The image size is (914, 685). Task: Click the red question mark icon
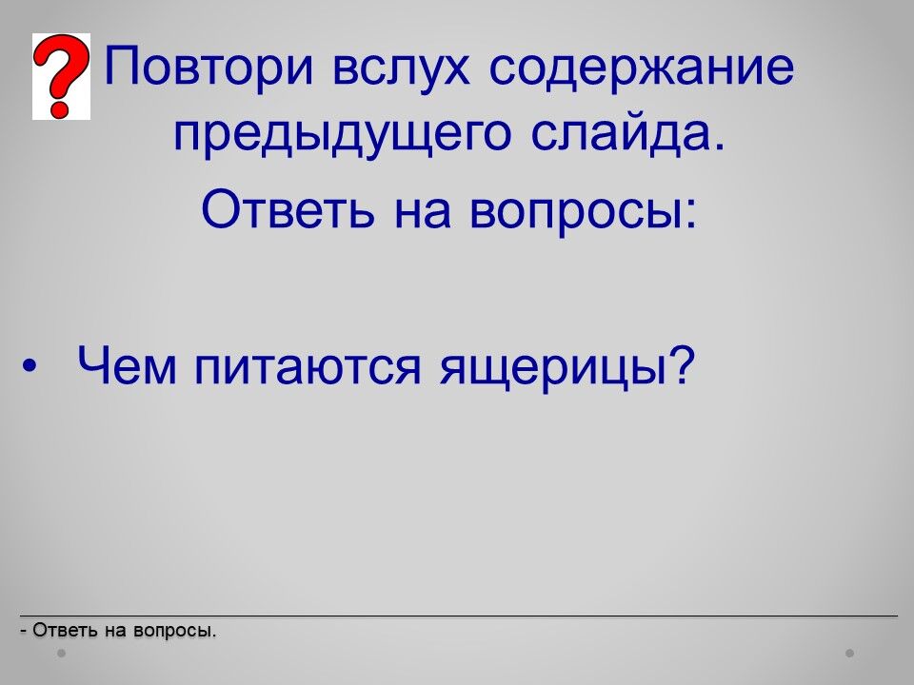click(x=61, y=76)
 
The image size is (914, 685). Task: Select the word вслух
click(x=401, y=68)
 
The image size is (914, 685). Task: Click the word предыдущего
click(x=342, y=132)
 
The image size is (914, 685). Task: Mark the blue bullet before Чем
click(x=28, y=366)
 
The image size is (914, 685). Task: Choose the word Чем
click(x=127, y=364)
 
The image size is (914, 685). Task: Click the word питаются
click(x=308, y=369)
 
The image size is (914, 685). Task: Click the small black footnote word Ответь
click(x=65, y=630)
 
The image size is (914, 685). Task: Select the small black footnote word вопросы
click(x=174, y=632)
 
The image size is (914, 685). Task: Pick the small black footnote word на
click(x=115, y=632)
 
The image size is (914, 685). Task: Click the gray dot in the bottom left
click(x=61, y=654)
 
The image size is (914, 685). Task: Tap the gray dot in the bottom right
click(x=850, y=654)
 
